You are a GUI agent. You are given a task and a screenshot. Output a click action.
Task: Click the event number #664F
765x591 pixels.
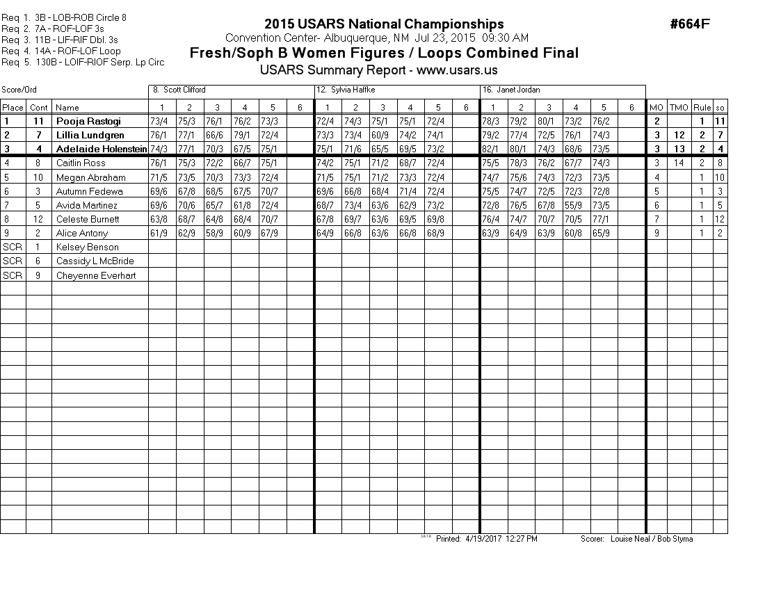click(690, 24)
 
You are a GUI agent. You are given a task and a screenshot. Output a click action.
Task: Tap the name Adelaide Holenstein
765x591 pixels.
click(102, 149)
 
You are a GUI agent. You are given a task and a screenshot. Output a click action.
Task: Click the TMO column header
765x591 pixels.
click(678, 107)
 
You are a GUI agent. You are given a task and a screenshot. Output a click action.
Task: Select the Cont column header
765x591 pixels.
click(39, 107)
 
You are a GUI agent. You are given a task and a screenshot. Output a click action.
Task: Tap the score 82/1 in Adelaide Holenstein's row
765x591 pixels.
click(493, 149)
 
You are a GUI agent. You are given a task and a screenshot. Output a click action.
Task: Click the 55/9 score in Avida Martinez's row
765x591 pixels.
click(576, 205)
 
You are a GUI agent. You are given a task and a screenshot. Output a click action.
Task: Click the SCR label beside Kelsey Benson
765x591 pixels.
click(13, 247)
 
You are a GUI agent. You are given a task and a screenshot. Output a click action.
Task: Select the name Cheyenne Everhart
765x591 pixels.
click(96, 275)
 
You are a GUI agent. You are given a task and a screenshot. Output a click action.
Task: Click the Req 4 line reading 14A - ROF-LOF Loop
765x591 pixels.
click(61, 51)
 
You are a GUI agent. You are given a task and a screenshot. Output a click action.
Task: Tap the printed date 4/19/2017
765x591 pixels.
click(482, 539)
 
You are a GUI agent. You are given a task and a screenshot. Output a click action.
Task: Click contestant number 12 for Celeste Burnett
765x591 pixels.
click(39, 219)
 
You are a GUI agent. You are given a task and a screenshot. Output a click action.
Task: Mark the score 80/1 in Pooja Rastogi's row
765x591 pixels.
click(549, 121)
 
